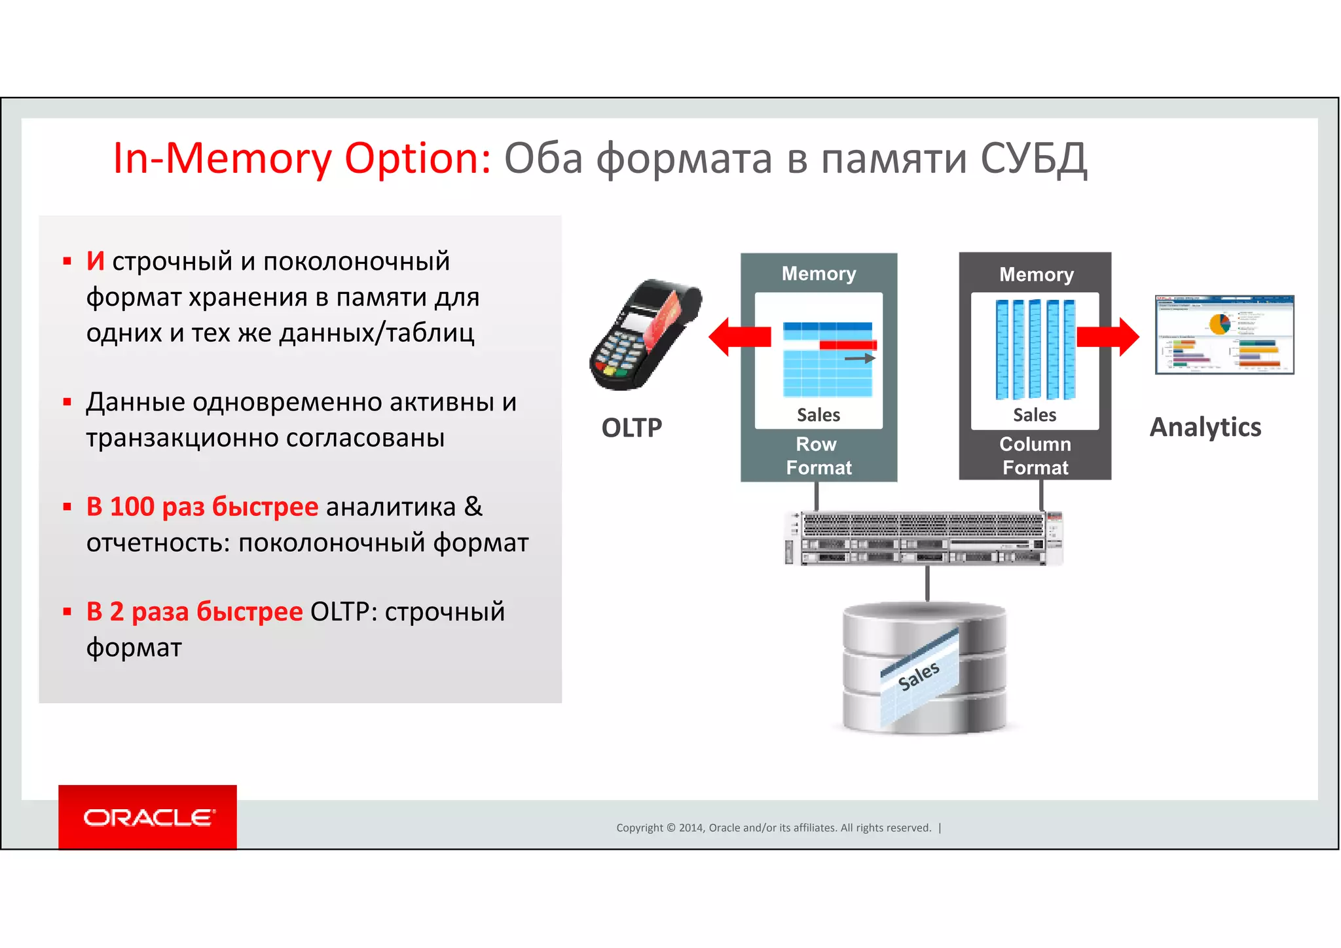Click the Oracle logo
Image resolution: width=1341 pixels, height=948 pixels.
click(x=147, y=817)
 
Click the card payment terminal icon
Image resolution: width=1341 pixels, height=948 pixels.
click(x=644, y=335)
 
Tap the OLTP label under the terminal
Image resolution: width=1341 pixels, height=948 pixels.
click(x=632, y=428)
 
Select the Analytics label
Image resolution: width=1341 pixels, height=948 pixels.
click(x=1205, y=427)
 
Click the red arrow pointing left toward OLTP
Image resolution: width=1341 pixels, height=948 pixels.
click(x=739, y=337)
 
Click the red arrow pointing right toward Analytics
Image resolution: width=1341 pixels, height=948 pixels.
click(x=1109, y=337)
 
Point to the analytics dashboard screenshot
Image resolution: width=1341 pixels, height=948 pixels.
click(x=1224, y=335)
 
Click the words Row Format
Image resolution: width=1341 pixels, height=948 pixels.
click(x=818, y=456)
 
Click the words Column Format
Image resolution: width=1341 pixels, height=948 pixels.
click(x=1035, y=456)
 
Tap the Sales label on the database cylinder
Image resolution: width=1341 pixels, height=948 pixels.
click(x=919, y=676)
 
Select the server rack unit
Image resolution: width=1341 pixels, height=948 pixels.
click(x=924, y=538)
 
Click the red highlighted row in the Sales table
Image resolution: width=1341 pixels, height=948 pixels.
click(x=848, y=345)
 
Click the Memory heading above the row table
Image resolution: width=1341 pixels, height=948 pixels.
click(x=818, y=274)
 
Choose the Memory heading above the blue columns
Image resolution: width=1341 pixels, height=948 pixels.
click(x=1036, y=274)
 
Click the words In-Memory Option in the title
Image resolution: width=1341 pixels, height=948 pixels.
click(x=302, y=158)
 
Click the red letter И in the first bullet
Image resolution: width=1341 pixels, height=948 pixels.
click(x=96, y=261)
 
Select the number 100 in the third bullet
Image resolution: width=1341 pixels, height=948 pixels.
click(x=132, y=507)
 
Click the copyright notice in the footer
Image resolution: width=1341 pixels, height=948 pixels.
click(x=773, y=828)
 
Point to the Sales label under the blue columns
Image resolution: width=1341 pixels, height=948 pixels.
click(x=1035, y=415)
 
